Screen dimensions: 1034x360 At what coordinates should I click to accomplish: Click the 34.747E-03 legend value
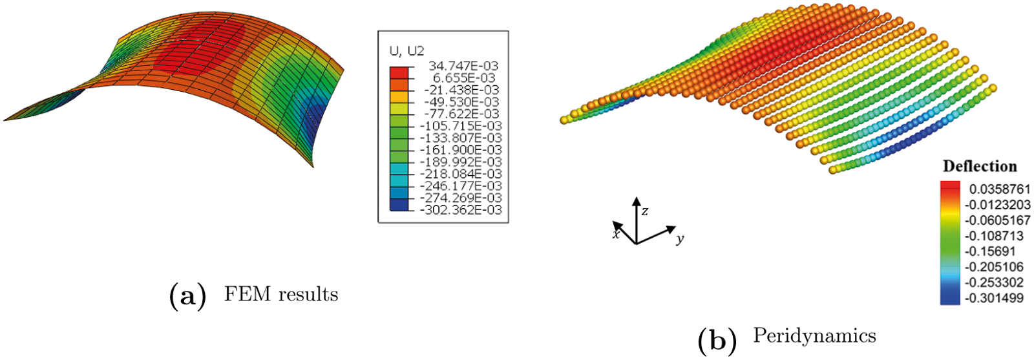point(463,66)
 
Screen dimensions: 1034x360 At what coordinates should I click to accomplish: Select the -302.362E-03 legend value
point(461,210)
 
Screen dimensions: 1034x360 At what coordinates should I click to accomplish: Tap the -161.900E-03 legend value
point(461,150)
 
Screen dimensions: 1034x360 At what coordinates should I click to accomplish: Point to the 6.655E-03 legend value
point(464,78)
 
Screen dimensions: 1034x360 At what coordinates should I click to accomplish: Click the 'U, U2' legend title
point(406,51)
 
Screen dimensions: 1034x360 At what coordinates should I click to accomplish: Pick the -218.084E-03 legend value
point(461,174)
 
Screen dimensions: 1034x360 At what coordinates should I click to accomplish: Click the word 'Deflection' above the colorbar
point(980,166)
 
